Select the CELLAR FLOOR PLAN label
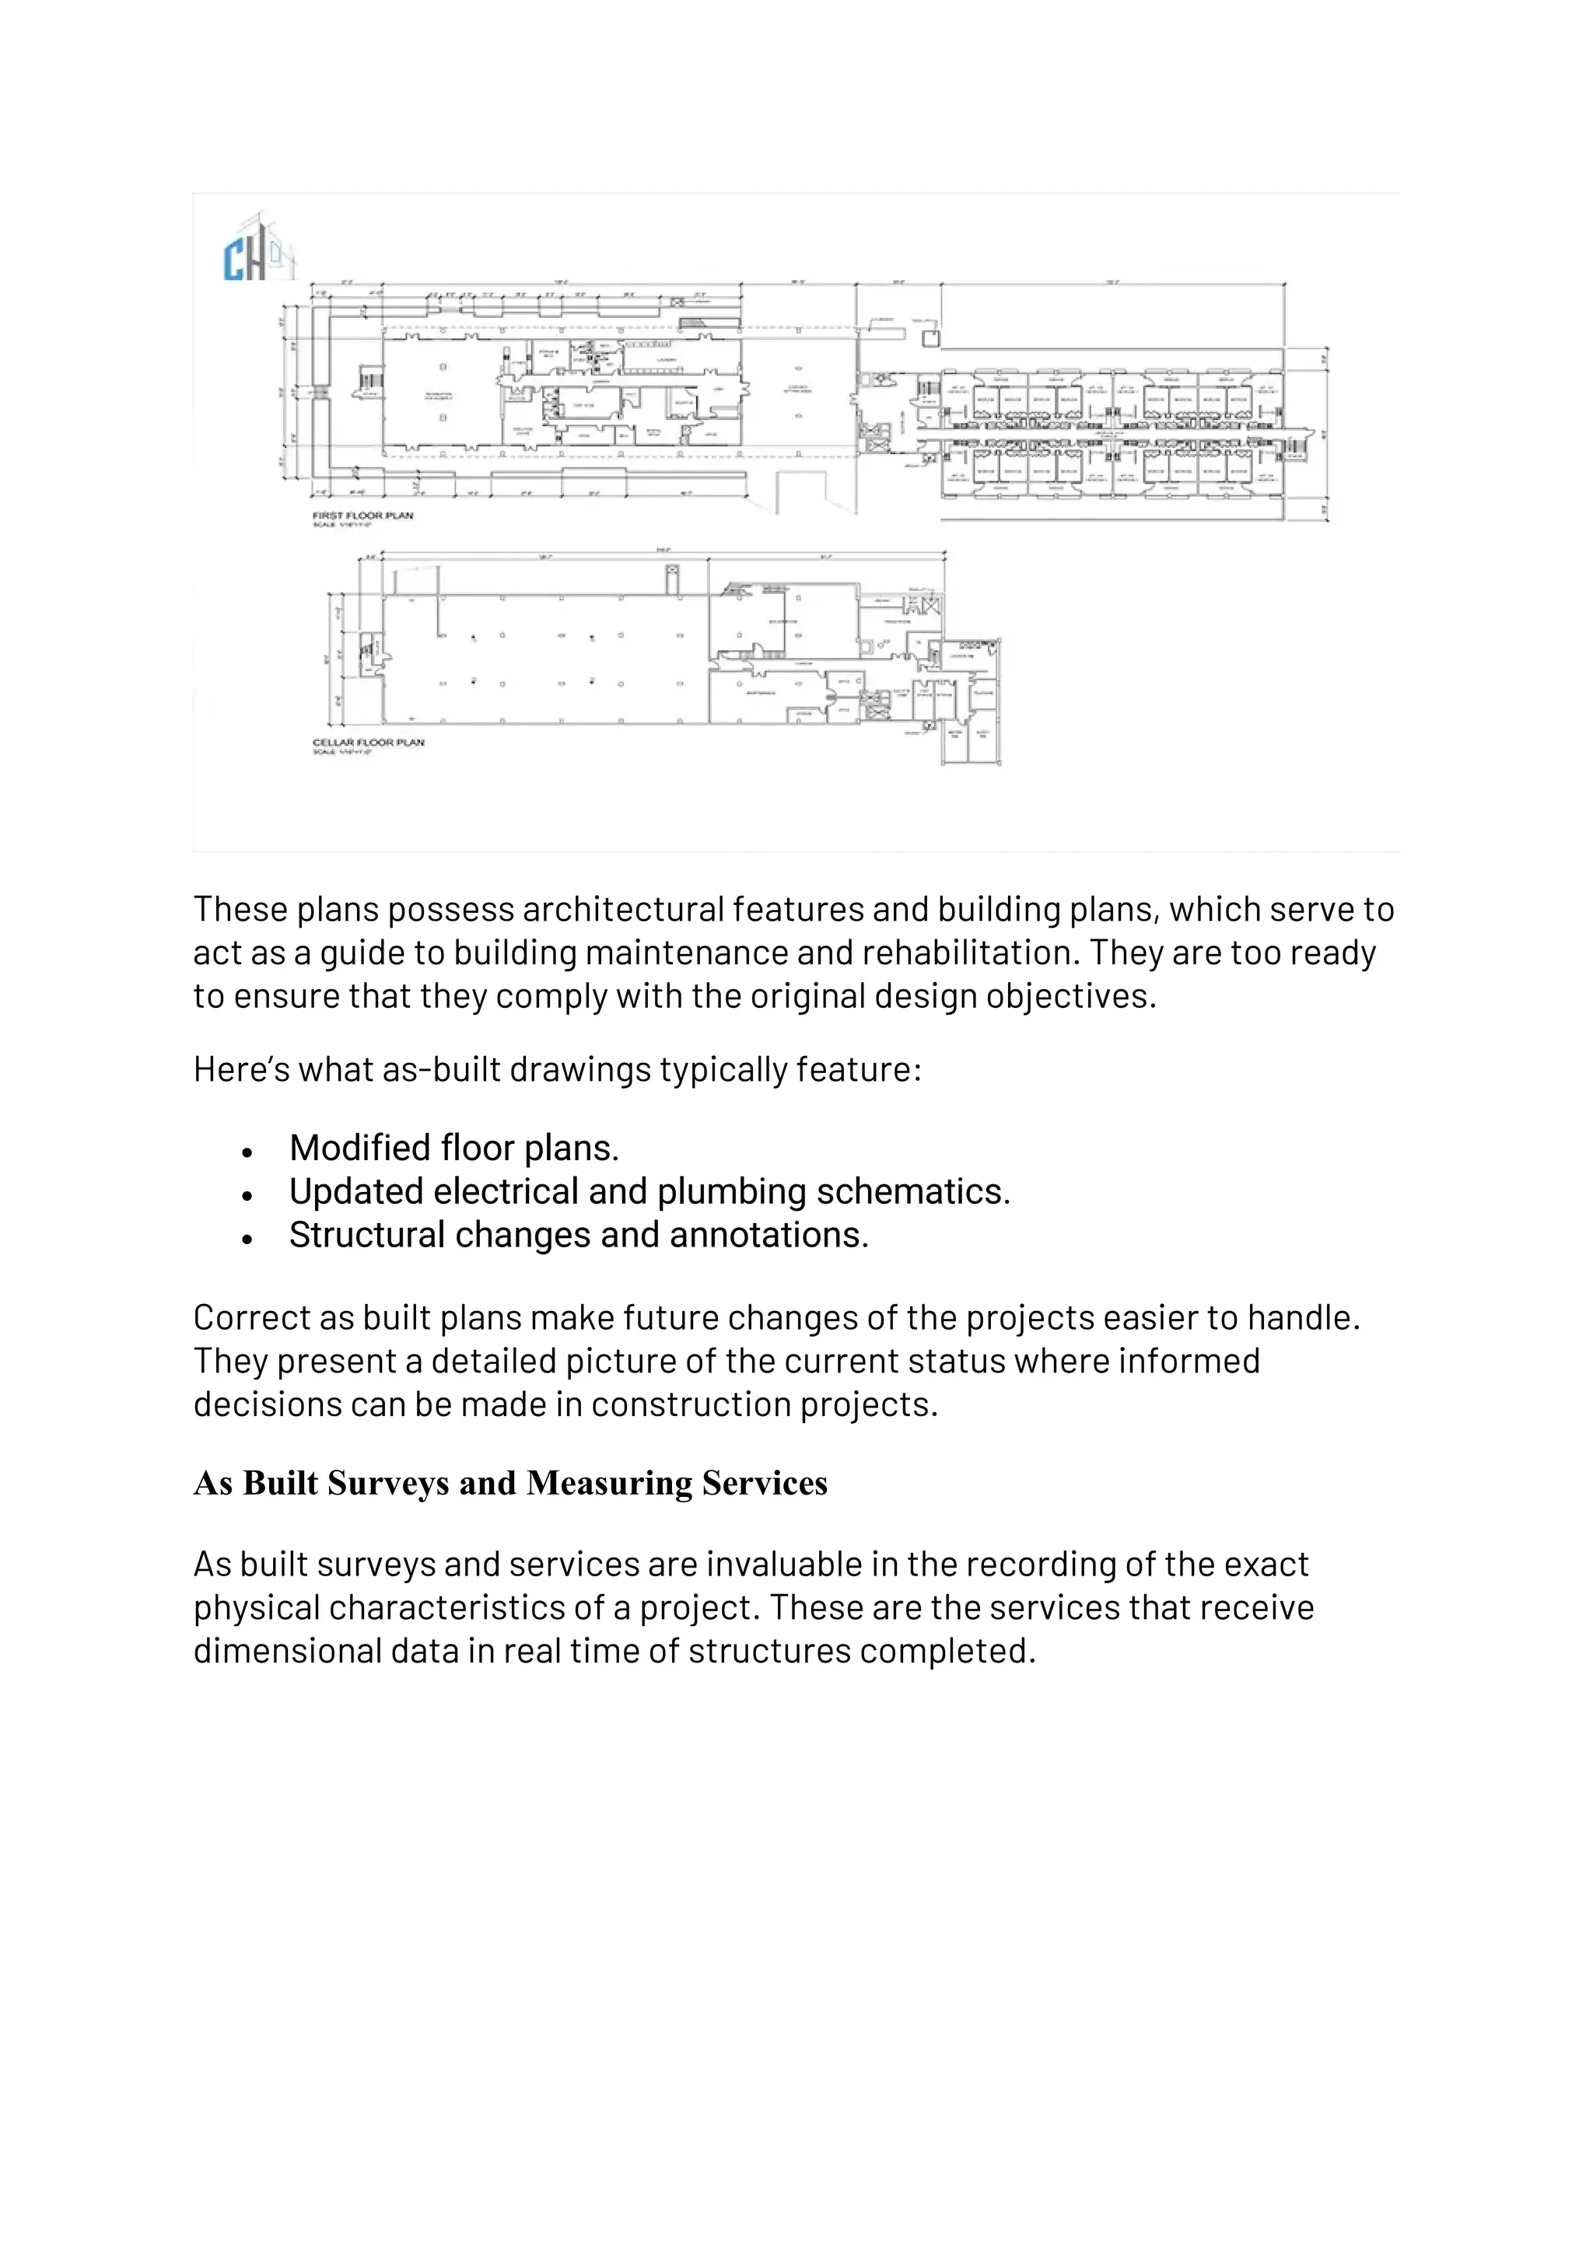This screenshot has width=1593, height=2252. (x=368, y=743)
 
